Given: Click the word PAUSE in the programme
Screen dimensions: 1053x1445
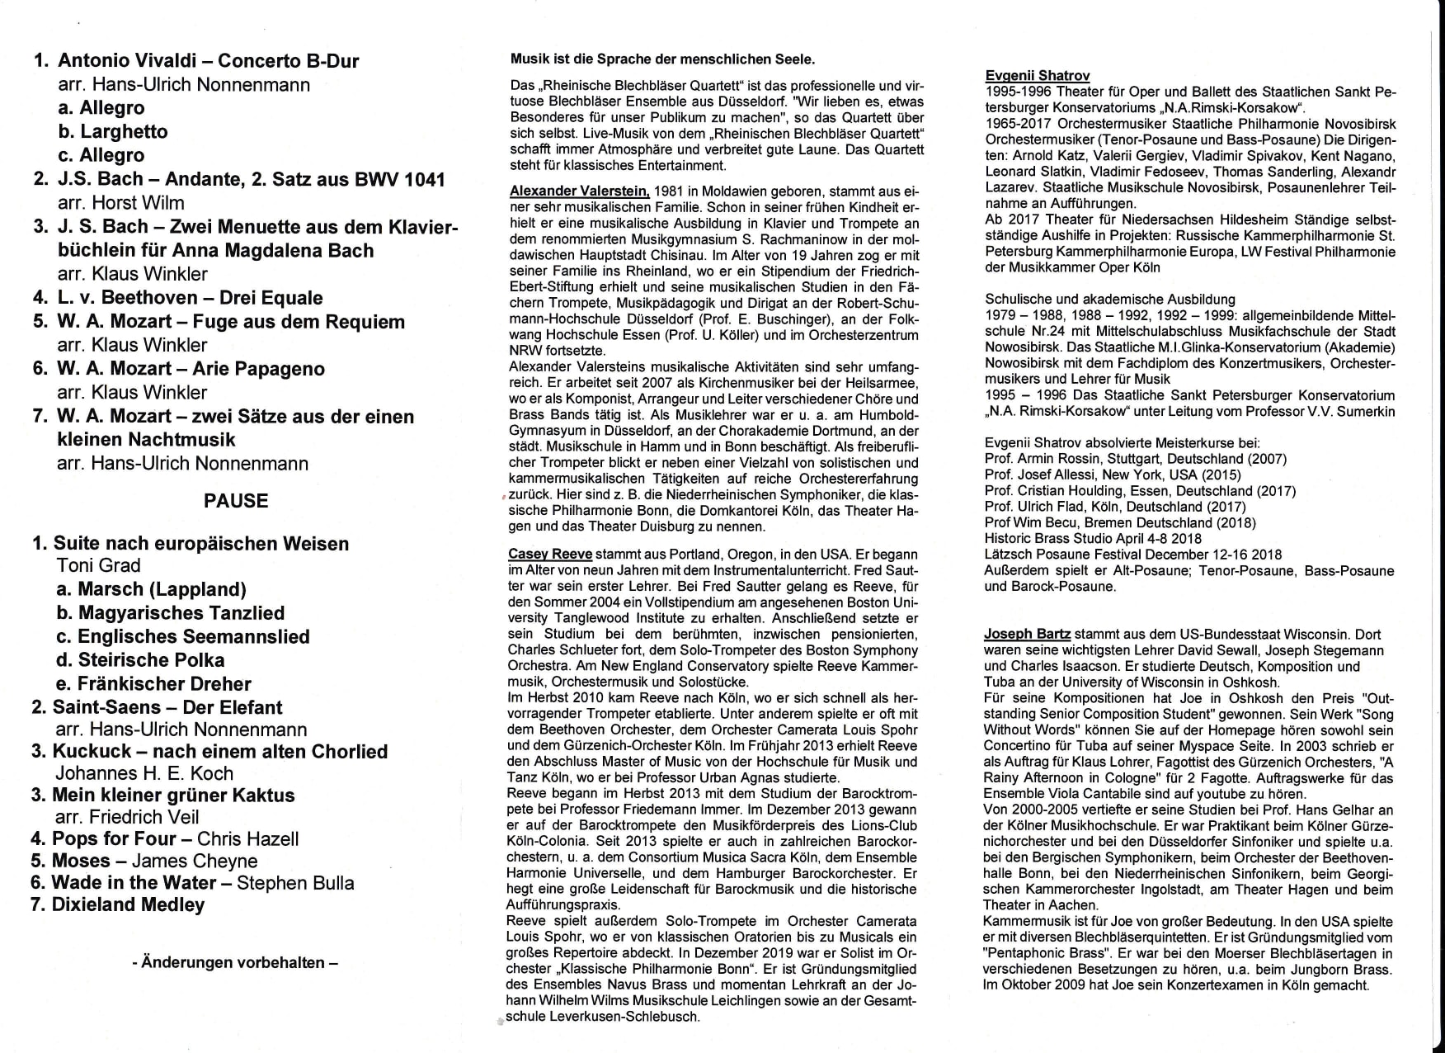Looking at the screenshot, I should pyautogui.click(x=236, y=501).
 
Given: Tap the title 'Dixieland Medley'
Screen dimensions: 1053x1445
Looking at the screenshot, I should pyautogui.click(x=128, y=905).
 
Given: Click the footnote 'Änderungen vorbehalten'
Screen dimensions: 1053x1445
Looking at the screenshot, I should pyautogui.click(x=235, y=963).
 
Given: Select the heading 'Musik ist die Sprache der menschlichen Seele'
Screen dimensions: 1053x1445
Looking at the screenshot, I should pyautogui.click(x=662, y=59).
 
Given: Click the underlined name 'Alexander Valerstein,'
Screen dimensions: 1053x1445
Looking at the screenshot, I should pyautogui.click(x=580, y=191).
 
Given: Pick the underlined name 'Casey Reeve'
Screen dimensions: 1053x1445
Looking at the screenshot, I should pyautogui.click(x=550, y=555).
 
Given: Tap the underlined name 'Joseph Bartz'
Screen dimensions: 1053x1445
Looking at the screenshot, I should pyautogui.click(x=1027, y=635).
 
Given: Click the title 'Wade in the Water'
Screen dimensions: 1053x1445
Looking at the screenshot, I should pyautogui.click(x=134, y=883).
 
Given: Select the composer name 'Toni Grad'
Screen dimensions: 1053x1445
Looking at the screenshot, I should pyautogui.click(x=99, y=566).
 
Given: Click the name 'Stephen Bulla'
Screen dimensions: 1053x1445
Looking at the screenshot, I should pyautogui.click(x=295, y=883).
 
